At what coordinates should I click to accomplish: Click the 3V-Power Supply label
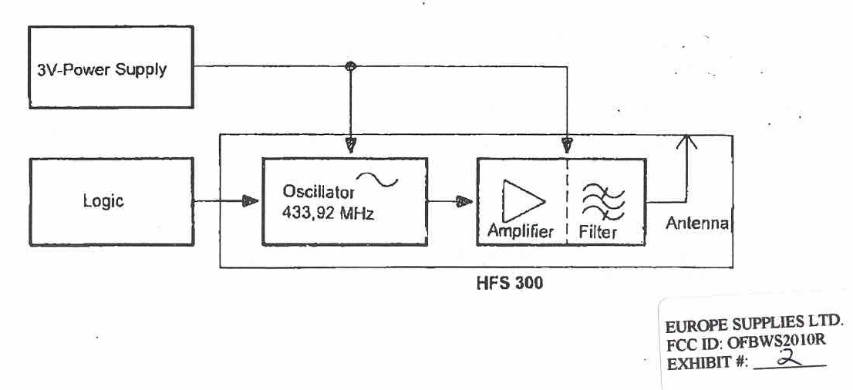tap(102, 70)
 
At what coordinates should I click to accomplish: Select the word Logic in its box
tap(103, 202)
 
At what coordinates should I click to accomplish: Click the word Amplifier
tap(521, 230)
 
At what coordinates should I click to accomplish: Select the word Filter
tap(598, 230)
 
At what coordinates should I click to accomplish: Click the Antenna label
tap(696, 224)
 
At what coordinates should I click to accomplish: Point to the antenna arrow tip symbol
tap(684, 141)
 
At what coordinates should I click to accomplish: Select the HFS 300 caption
tap(509, 283)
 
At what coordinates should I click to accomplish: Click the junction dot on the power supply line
tap(352, 66)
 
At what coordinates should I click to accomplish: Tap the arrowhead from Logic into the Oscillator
tap(249, 202)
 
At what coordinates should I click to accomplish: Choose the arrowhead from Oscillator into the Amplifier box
tap(464, 202)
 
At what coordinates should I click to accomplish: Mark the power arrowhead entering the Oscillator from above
tap(352, 145)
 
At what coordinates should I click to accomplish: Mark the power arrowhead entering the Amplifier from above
tap(567, 145)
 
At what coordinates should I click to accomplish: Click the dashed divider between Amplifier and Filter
tap(567, 202)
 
